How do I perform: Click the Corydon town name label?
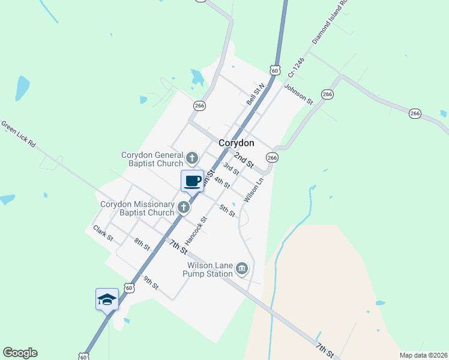(x=236, y=143)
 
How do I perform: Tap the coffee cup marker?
(x=192, y=181)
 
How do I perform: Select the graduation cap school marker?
(x=107, y=299)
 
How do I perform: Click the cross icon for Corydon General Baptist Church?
(x=192, y=158)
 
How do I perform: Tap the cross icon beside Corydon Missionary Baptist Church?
(x=184, y=208)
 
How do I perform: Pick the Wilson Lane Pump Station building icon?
(x=242, y=268)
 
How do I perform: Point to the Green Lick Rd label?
(x=19, y=135)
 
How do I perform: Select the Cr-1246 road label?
(x=296, y=68)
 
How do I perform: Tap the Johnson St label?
(x=299, y=95)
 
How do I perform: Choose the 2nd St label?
(x=244, y=159)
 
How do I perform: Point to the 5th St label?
(x=227, y=211)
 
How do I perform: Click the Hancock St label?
(x=196, y=230)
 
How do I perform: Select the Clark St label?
(x=103, y=233)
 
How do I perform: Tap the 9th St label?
(x=150, y=283)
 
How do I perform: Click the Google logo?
(x=20, y=353)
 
